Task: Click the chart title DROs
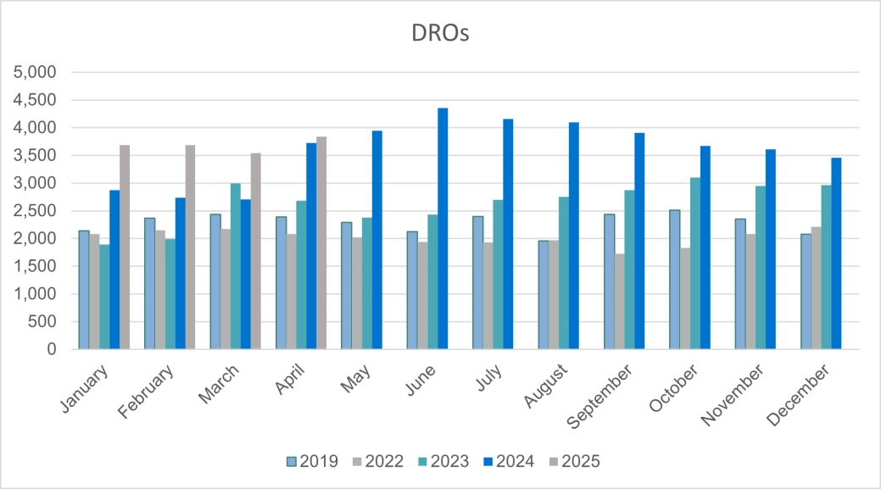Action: click(x=440, y=33)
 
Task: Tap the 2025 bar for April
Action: click(x=321, y=243)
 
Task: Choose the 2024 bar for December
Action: click(x=836, y=253)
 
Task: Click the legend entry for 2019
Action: click(x=312, y=462)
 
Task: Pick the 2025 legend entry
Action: click(x=573, y=462)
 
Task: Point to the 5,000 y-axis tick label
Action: click(x=36, y=73)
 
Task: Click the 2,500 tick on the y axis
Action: click(x=36, y=211)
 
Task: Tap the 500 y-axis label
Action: click(x=43, y=322)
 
